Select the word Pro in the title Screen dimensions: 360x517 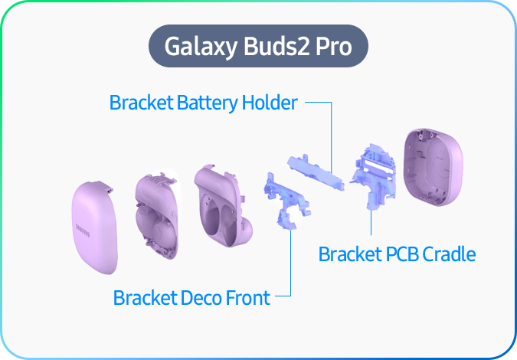[335, 47]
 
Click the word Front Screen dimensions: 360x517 [247, 297]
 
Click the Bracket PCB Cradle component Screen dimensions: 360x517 [372, 175]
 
